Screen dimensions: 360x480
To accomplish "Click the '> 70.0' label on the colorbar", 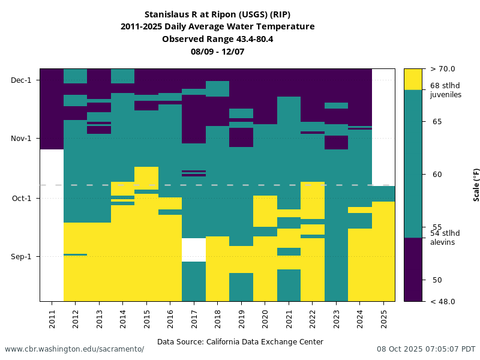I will click(443, 69).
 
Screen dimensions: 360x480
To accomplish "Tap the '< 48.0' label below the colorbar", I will click(443, 301).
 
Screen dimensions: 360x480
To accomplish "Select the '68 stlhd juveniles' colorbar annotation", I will click(445, 90).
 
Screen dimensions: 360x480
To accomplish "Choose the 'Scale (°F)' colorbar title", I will click(476, 185).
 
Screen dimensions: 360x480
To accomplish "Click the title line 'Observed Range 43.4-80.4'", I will click(217, 39).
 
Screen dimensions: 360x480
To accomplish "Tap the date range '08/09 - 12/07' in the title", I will click(217, 52).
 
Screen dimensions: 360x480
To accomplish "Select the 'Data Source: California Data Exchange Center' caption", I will click(240, 342).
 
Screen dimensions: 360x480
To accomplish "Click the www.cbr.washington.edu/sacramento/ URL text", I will click(74, 349).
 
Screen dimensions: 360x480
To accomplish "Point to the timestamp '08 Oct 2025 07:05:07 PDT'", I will click(426, 349).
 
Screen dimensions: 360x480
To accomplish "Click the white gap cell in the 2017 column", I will click(194, 250).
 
